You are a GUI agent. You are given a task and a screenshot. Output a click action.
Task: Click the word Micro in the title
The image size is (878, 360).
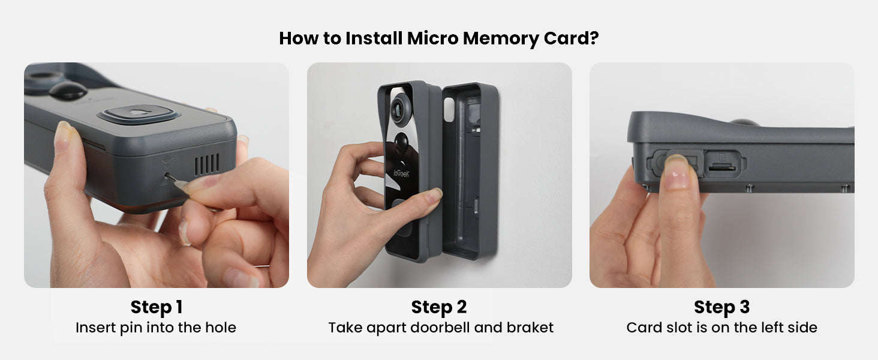tap(432, 38)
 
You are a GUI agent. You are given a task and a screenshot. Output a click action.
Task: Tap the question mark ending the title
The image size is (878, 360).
tap(594, 38)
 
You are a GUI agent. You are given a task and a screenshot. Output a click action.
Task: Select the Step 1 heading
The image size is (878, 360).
tap(157, 307)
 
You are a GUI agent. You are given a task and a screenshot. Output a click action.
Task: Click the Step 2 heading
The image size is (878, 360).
tap(439, 307)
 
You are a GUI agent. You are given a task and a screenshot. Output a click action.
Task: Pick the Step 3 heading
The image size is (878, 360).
tap(721, 307)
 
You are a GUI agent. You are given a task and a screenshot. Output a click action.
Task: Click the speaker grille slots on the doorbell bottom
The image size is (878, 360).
tap(207, 164)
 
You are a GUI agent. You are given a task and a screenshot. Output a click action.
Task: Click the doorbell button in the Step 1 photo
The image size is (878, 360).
tap(139, 114)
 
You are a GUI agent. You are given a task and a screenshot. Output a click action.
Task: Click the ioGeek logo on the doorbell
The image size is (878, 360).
tap(401, 173)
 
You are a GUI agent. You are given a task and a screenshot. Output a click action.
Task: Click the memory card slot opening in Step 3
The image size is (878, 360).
tap(721, 168)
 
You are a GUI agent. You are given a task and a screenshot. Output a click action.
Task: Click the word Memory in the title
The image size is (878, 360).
tap(501, 38)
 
